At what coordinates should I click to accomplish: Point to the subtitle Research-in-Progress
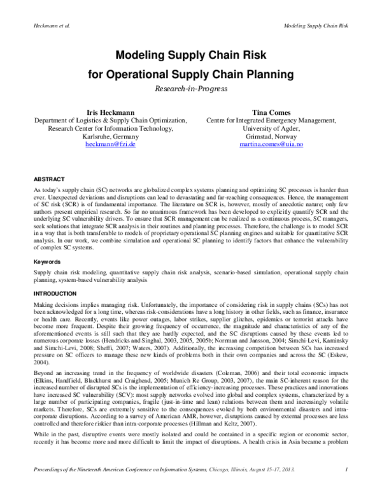coord(191,89)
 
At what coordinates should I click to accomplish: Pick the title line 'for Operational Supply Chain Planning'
coord(191,75)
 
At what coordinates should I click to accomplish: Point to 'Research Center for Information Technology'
coord(110,128)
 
